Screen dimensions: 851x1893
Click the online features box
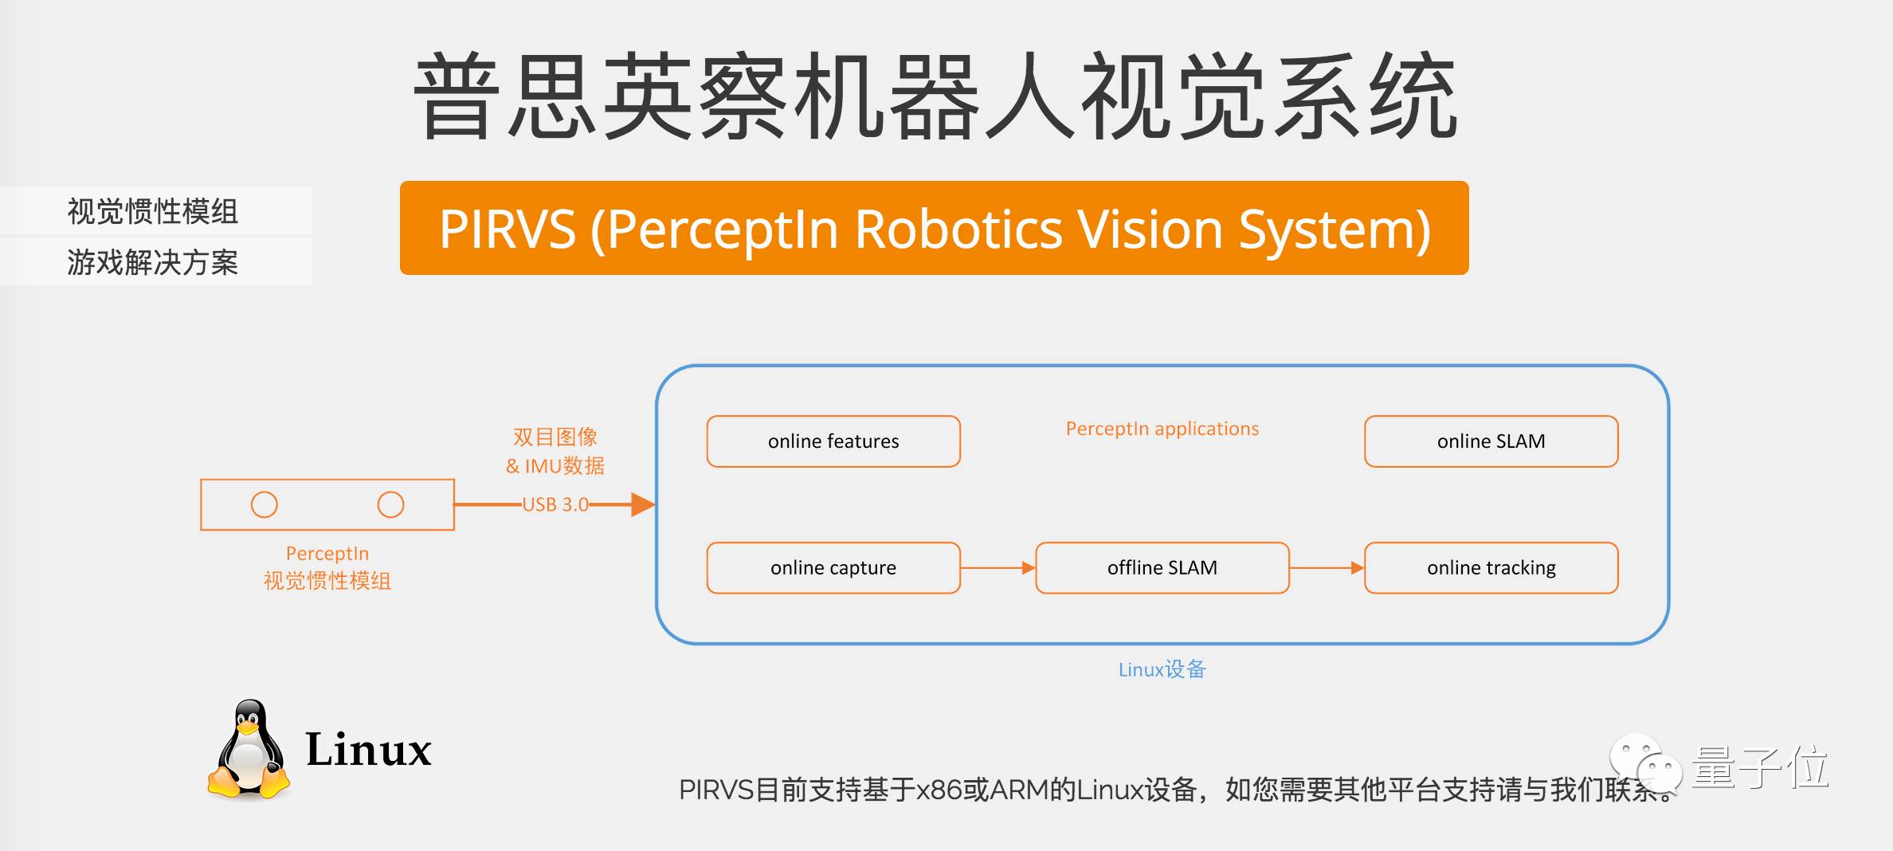click(x=833, y=441)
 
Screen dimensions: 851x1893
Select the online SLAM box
click(x=1491, y=441)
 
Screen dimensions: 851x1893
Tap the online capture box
click(x=833, y=568)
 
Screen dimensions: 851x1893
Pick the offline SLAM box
click(x=1162, y=568)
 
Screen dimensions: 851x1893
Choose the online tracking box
click(x=1491, y=568)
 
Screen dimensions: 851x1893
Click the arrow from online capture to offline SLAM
click(x=998, y=568)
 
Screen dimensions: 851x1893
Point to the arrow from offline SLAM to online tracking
click(x=1327, y=568)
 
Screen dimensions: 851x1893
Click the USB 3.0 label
click(x=555, y=504)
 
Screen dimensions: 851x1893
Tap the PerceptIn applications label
click(x=1162, y=429)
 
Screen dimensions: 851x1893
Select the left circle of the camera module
click(x=264, y=504)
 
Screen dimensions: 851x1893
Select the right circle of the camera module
click(x=390, y=504)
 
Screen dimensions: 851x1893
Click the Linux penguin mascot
click(x=249, y=751)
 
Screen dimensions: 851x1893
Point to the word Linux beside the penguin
click(x=368, y=750)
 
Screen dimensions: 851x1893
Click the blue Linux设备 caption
click(x=1162, y=669)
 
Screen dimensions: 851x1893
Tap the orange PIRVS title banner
click(x=934, y=229)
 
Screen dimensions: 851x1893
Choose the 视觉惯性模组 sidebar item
click(x=153, y=212)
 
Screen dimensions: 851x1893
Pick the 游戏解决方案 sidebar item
click(x=153, y=262)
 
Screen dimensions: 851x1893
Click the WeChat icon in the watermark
click(x=1644, y=763)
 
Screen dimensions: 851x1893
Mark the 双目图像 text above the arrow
click(x=555, y=437)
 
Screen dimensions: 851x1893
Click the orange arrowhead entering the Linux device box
click(x=642, y=504)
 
